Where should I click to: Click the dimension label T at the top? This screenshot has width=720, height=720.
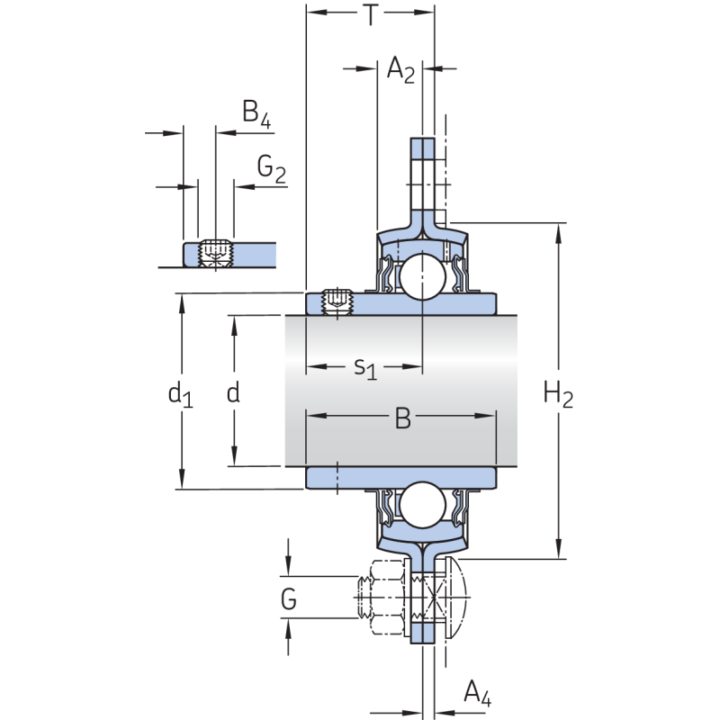tap(371, 15)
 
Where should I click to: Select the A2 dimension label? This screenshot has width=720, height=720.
tap(400, 69)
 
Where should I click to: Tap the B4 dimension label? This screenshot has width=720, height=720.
tap(256, 112)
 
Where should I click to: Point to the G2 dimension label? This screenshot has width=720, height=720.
tap(271, 167)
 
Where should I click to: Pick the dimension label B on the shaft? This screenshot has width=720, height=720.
tap(402, 418)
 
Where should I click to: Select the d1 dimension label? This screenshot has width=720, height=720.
tap(180, 393)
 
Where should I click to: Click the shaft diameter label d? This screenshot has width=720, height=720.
tap(233, 392)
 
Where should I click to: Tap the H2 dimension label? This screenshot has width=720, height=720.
tap(558, 393)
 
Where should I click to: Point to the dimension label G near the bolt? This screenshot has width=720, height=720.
tap(288, 598)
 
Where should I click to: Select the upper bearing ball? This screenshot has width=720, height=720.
tap(423, 277)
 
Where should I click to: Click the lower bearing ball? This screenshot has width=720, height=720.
tap(422, 506)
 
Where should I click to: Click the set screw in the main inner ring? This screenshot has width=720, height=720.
tap(335, 301)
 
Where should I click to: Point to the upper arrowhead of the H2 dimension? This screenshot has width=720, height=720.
tap(560, 230)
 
